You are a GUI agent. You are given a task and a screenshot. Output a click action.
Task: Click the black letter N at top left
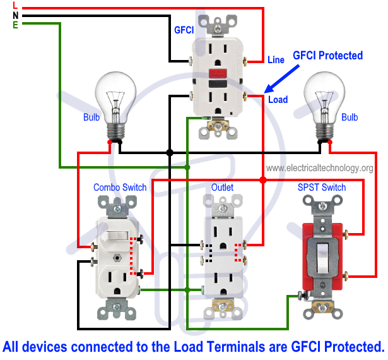(15, 15)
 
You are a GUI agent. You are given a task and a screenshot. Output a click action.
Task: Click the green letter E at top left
(15, 25)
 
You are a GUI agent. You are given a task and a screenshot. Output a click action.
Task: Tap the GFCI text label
(184, 30)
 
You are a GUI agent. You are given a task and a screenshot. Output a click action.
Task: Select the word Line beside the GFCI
(276, 60)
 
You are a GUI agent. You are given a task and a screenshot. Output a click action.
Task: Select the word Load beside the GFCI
(278, 100)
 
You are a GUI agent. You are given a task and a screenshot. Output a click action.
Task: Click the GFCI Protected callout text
(327, 56)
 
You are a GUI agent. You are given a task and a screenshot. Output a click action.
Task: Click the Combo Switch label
(120, 188)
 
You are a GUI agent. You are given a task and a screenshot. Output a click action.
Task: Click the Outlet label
(222, 188)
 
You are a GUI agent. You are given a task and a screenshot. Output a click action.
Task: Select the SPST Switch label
(322, 188)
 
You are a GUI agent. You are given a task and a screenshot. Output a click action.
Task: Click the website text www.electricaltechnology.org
(319, 168)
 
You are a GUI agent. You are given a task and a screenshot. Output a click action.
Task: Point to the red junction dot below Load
(263, 180)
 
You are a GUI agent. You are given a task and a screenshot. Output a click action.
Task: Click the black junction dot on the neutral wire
(170, 153)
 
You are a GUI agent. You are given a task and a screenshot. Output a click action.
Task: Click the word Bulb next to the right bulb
(350, 117)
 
